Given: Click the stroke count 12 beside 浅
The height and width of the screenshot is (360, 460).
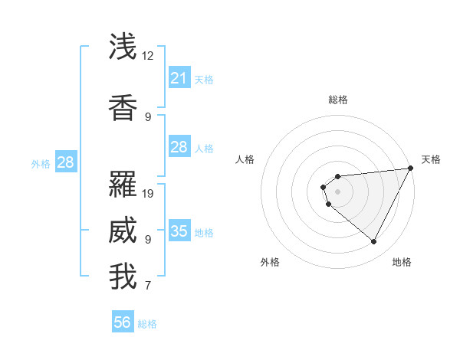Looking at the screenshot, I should [x=148, y=56].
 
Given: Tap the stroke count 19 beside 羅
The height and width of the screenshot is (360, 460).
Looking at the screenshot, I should [x=149, y=193].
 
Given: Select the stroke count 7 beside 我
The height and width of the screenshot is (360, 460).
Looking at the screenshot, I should [x=148, y=286].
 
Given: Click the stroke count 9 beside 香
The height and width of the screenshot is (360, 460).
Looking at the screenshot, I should [x=148, y=117].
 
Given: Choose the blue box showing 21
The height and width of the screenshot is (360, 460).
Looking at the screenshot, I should [x=179, y=78].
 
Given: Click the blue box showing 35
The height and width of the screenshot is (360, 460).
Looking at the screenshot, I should [x=179, y=231].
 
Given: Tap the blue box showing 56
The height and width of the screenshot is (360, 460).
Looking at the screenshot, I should [x=123, y=322].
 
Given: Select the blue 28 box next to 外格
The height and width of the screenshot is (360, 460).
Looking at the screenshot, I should [x=65, y=162].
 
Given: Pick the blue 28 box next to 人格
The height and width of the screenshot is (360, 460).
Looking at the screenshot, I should [x=179, y=147].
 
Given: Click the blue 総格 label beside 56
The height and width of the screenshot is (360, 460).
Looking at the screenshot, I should [x=147, y=324].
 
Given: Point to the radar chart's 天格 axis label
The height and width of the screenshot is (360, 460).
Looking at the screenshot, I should [x=431, y=159].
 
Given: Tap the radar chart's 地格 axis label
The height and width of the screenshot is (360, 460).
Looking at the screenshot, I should [x=402, y=262].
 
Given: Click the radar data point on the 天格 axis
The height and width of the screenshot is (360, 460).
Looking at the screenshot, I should [x=410, y=168].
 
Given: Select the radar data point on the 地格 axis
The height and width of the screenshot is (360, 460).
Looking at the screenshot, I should [x=373, y=241].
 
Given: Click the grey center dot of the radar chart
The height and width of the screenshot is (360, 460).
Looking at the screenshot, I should [x=337, y=191].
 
